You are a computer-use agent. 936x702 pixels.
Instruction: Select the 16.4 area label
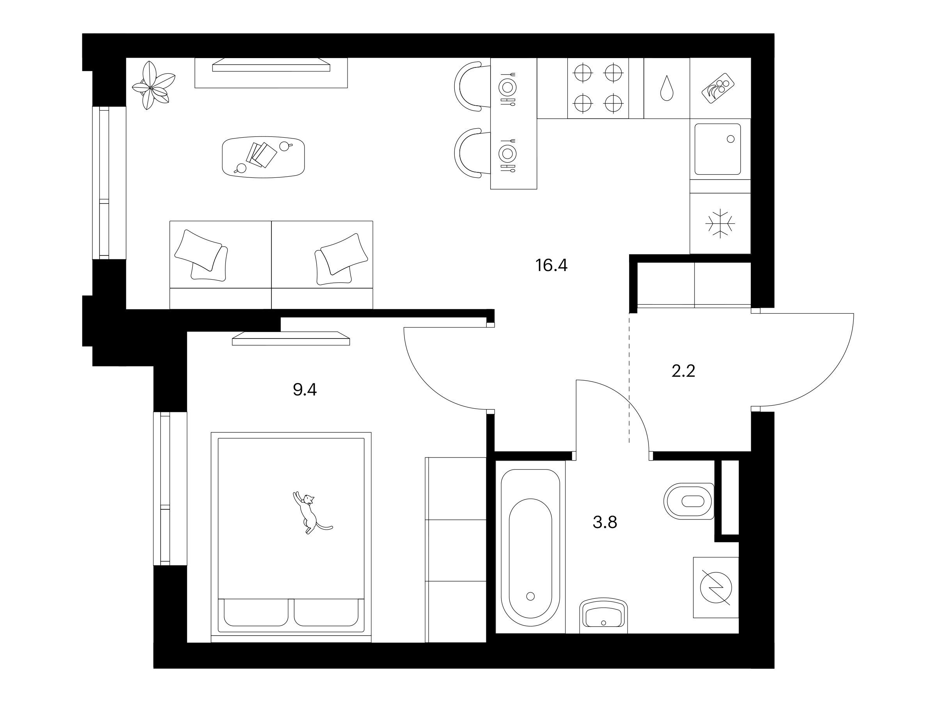[551, 265]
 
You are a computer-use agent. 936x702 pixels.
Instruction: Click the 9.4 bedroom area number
[305, 390]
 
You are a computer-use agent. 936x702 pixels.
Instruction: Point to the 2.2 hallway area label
[683, 371]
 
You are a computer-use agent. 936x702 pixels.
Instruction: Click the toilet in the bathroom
[689, 501]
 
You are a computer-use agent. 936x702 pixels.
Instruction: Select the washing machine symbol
[716, 588]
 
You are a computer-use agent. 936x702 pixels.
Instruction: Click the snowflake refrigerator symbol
[720, 223]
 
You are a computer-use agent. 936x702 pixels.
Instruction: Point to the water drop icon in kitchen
[667, 88]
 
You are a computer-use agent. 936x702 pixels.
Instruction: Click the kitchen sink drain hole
[730, 139]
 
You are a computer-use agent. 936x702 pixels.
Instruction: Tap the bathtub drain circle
[530, 596]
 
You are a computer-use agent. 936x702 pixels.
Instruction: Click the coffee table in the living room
[263, 157]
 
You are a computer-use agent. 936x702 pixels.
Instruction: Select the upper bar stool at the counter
[468, 86]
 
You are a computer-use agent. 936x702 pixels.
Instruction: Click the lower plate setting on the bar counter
[507, 153]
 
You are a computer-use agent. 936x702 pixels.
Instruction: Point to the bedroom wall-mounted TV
[291, 339]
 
